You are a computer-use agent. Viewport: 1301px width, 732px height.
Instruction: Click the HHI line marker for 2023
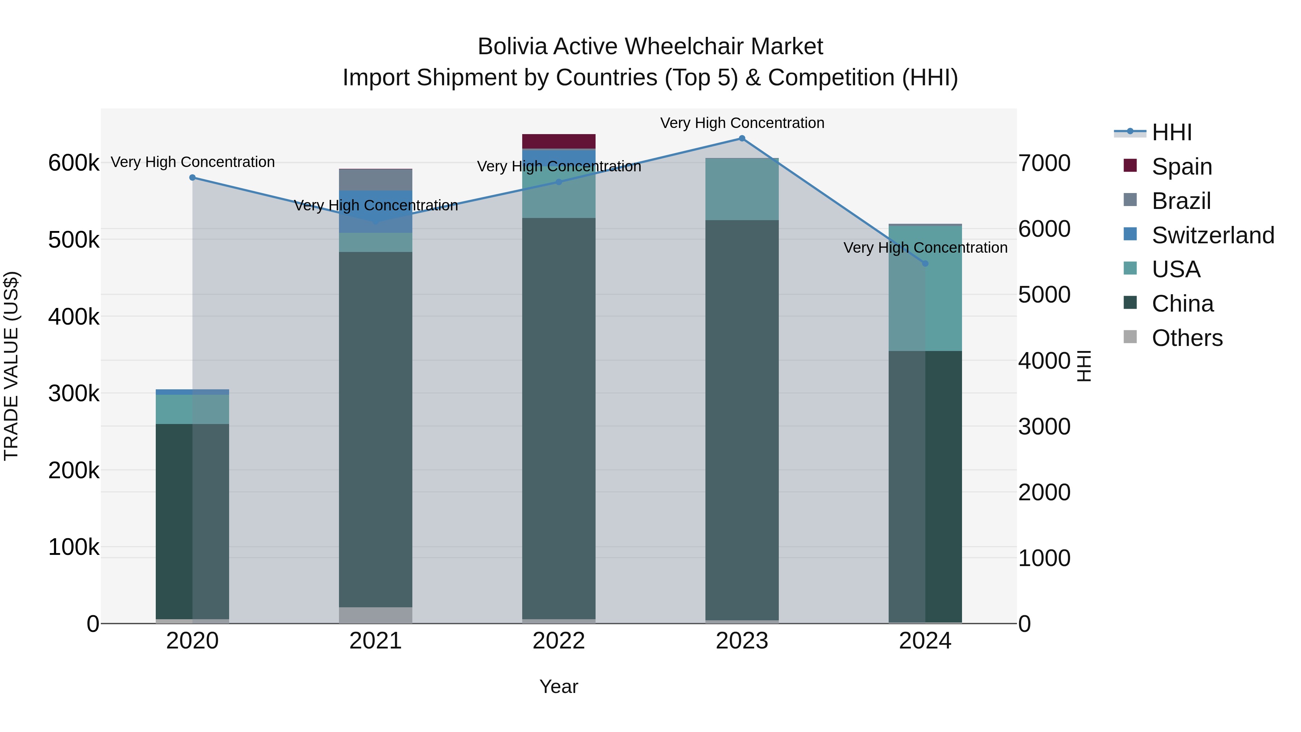click(x=742, y=138)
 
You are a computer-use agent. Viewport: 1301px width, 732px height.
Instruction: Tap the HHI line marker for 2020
click(x=192, y=178)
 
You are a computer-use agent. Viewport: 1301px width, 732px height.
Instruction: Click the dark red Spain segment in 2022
click(x=559, y=141)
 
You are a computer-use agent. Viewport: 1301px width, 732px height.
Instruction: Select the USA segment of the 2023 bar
click(x=742, y=189)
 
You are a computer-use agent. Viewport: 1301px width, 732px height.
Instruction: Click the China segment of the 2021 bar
click(x=375, y=429)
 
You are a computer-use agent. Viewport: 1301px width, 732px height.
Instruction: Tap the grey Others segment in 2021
click(x=375, y=615)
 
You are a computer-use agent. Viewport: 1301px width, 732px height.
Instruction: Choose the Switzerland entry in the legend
click(x=1212, y=235)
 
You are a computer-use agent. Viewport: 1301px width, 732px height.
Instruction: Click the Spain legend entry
click(x=1181, y=167)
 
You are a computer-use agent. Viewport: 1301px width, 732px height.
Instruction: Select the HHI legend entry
click(x=1171, y=132)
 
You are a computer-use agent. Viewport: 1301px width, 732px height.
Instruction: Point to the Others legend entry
click(x=1186, y=338)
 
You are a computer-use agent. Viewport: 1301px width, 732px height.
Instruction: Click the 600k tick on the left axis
click(x=74, y=163)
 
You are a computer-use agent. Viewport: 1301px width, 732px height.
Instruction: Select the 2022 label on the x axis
click(x=559, y=641)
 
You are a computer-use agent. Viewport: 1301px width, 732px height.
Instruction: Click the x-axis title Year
click(x=559, y=686)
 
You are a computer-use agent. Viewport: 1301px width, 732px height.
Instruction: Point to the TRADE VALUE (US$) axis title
click(x=11, y=366)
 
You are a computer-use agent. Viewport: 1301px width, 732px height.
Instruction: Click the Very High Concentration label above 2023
click(x=742, y=123)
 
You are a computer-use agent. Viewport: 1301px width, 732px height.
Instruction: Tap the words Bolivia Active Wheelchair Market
click(x=650, y=47)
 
